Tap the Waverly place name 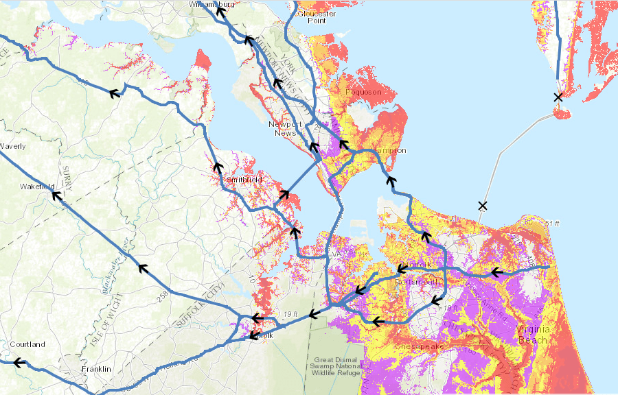13,146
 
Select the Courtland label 27,344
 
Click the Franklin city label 95,369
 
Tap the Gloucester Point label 317,16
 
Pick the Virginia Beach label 533,334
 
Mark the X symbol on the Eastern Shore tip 558,97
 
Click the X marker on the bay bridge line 483,205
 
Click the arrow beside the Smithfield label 219,167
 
